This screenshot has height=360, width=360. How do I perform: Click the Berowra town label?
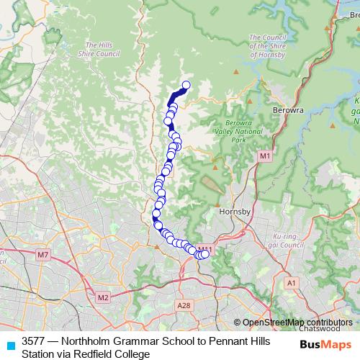289,110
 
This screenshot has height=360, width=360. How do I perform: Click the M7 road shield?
42,255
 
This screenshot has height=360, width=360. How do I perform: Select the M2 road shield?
102,297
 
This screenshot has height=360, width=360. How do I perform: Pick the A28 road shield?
184,305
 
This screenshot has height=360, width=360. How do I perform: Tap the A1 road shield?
292,284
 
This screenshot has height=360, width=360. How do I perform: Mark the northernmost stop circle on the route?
185,86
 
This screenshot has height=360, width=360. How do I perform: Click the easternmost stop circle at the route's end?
205,253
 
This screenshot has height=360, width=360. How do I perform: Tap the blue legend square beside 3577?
10,344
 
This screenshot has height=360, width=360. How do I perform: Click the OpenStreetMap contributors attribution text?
297,323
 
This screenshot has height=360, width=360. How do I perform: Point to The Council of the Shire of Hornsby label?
268,45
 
